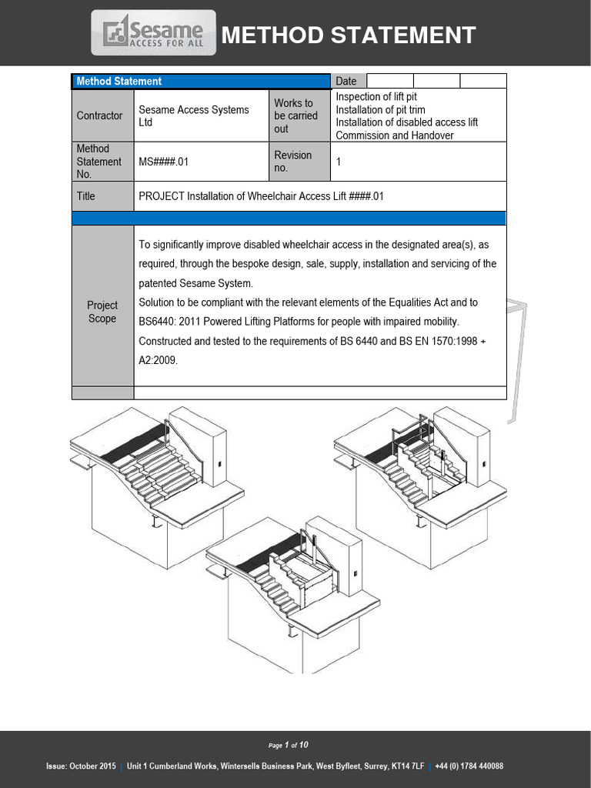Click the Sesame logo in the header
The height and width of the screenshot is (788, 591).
154,33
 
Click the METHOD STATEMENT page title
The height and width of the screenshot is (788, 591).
349,35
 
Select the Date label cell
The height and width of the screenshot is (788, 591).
346,81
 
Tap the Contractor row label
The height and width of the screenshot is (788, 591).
99,115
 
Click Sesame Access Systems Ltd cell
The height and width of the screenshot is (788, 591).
193,115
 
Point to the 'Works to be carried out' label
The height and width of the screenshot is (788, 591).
295,115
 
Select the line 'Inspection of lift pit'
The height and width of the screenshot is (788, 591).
376,97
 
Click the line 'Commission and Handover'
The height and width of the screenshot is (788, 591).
394,135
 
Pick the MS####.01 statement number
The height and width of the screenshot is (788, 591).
163,162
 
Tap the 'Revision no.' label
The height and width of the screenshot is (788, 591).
292,162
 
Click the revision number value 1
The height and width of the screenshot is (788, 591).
339,162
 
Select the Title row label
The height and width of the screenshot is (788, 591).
86,196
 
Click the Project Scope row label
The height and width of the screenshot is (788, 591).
102,312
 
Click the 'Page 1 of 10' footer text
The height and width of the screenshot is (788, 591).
289,745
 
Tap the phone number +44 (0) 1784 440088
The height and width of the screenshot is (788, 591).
469,766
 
